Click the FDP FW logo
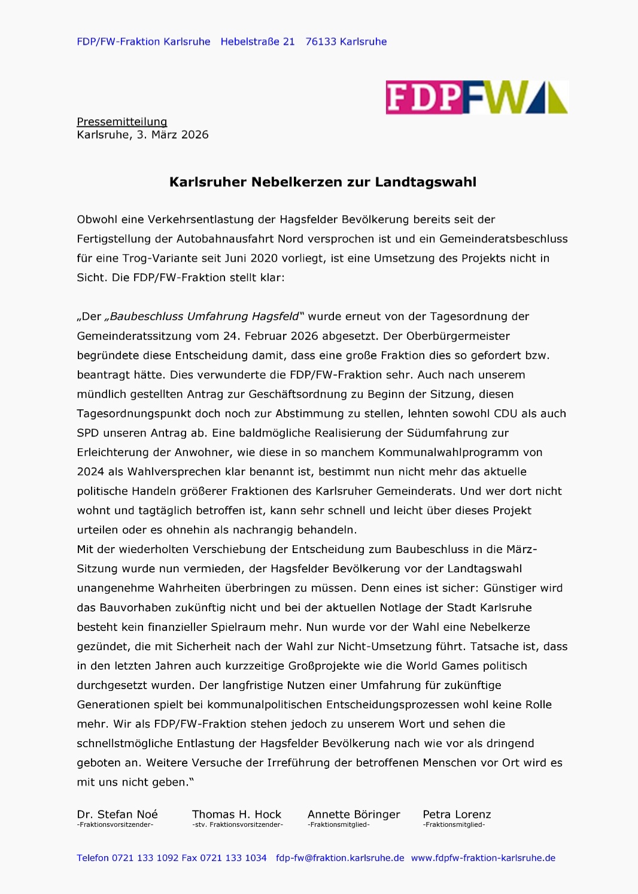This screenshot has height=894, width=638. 476,97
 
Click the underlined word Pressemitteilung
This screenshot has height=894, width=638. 121,122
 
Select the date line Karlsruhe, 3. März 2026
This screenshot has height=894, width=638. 142,135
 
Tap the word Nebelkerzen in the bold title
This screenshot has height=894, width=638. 290,182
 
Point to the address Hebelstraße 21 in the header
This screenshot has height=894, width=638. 257,42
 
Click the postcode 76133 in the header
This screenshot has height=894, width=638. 321,42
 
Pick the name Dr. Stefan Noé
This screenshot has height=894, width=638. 117,814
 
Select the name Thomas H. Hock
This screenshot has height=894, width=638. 236,814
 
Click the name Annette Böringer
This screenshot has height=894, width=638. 354,814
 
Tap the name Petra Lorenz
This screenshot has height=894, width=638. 457,814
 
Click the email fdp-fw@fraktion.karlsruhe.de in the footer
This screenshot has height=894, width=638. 340,858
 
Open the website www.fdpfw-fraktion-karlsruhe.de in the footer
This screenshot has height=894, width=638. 483,858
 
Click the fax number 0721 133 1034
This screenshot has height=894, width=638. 233,858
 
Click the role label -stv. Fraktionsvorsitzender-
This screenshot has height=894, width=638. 238,825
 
